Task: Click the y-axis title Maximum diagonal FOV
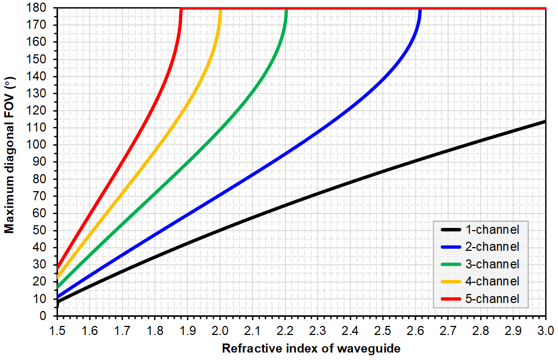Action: [x=9, y=154]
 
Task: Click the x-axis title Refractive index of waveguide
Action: [x=311, y=349]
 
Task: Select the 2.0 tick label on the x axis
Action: [x=220, y=331]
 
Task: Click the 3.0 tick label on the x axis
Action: [x=546, y=331]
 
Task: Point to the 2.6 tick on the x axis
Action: [x=415, y=331]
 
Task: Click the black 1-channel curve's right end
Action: [x=545, y=121]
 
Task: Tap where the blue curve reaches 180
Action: [x=420, y=9]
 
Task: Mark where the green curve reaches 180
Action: [x=286, y=9]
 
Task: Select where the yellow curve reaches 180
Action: [x=220, y=9]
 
